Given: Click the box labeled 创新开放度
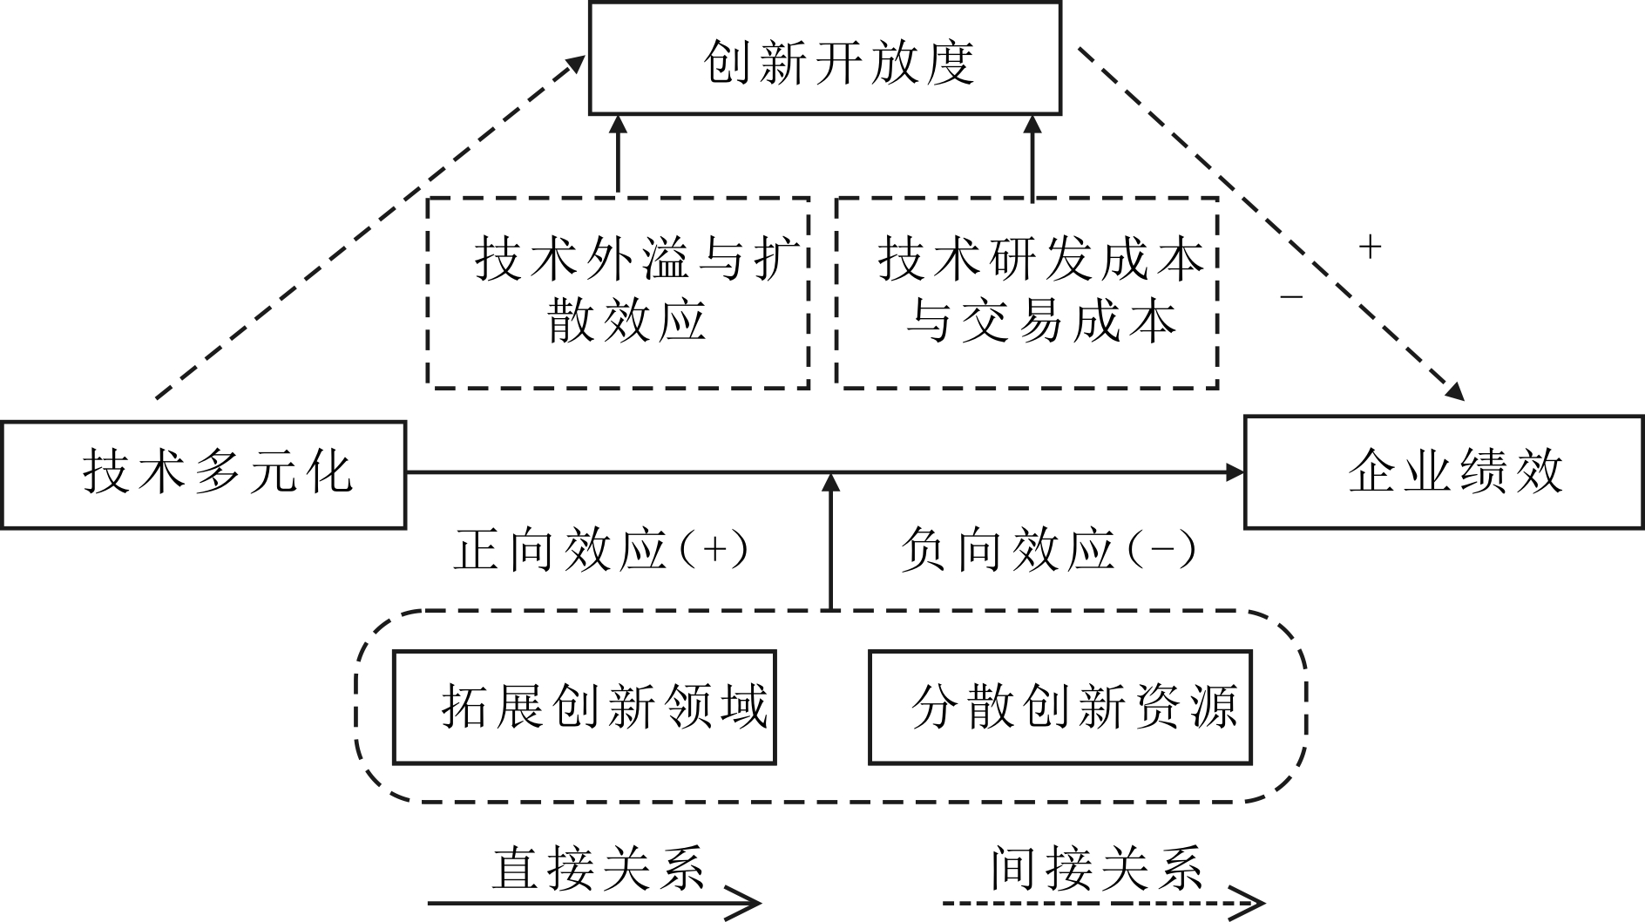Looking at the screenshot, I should [824, 59].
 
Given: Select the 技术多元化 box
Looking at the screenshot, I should [204, 475].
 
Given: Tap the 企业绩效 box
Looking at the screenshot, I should [1443, 473].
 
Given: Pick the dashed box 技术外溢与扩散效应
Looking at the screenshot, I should [618, 292].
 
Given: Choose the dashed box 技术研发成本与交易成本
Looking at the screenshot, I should [1026, 292].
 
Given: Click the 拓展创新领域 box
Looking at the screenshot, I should [584, 707].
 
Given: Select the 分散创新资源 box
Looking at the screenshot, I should [1059, 707].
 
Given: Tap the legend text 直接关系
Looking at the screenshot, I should [598, 867].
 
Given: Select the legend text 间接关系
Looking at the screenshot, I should [1096, 867].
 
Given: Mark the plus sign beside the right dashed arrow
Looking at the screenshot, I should [1370, 247].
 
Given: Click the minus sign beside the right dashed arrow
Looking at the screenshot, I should [1290, 298].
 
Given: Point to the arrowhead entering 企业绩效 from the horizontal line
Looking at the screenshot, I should [1235, 473].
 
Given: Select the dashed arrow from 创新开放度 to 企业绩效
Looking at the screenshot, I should [1272, 223].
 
